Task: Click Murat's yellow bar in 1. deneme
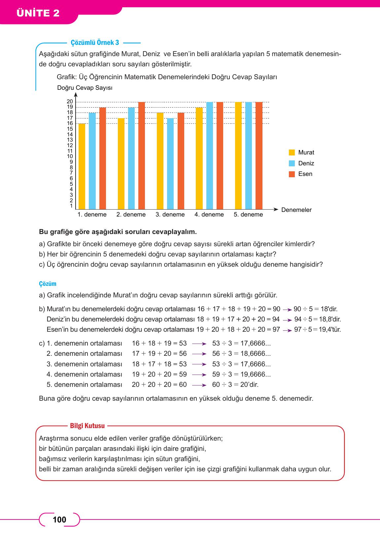tap(82, 166)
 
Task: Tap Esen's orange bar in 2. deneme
tap(142, 155)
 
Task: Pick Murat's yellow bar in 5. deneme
tap(238, 155)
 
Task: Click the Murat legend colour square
tap(292, 152)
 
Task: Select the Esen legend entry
tap(305, 174)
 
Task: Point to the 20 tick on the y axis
tap(70, 102)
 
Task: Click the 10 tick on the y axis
tap(70, 156)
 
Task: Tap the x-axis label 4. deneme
tap(209, 215)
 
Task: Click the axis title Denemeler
tap(296, 210)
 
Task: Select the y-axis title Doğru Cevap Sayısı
tap(85, 88)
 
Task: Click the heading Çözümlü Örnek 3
tap(95, 43)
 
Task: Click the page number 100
tap(59, 520)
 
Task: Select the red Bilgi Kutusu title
tap(87, 426)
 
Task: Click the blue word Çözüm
tap(48, 284)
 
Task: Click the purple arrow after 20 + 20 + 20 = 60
tap(199, 385)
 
